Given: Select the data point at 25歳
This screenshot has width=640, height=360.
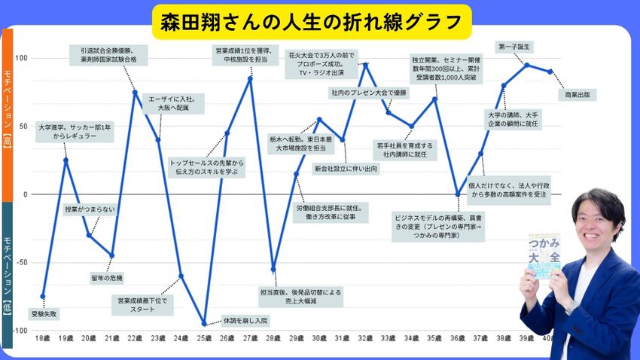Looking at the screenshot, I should point(204,325).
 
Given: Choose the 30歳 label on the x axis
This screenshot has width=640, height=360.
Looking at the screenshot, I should point(319,340).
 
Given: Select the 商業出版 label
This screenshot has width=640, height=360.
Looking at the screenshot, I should point(578,95).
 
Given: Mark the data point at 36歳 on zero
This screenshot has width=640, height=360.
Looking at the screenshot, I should point(458,194).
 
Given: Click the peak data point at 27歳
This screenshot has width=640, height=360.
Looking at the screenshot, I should point(250,78).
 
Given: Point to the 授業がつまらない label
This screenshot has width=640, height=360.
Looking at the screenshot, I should point(90,209).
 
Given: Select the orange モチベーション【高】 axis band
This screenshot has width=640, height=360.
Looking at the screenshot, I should point(8,113).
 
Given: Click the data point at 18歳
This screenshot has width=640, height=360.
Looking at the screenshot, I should point(43,296).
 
